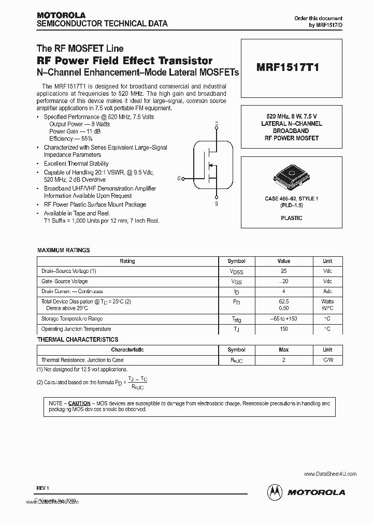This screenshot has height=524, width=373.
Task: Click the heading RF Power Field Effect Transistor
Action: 124,61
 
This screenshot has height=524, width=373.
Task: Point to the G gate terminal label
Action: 179,178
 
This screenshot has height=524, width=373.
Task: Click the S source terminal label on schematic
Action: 216,204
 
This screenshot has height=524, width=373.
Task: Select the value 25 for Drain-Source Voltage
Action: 283,271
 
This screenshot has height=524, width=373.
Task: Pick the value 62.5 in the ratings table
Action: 283,301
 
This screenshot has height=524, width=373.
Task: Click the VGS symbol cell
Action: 236,282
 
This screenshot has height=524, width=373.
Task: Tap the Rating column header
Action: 127,261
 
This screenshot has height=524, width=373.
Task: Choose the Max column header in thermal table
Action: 283,350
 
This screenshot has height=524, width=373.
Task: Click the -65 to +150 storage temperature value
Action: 283,319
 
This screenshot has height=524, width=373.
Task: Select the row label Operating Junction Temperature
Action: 76,329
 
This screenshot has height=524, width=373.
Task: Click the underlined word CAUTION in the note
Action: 79,403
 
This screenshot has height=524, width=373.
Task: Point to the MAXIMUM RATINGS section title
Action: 63,250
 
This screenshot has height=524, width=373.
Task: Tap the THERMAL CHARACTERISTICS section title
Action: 77,340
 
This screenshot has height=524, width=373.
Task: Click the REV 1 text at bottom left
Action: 42,487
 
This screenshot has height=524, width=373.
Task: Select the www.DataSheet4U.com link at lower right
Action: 330,474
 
